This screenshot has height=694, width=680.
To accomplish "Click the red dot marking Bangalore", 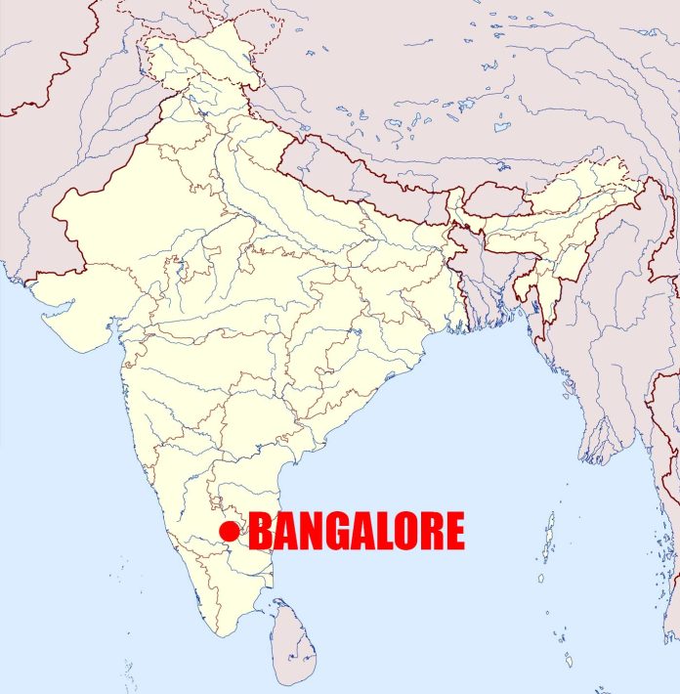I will click(230, 531).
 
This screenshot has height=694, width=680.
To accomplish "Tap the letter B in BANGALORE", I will click(261, 532).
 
